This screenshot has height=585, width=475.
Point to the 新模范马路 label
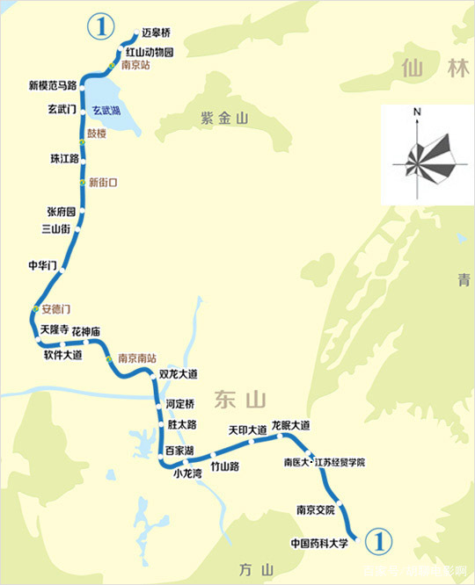[x=51, y=86]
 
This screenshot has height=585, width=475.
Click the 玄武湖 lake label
[x=106, y=111]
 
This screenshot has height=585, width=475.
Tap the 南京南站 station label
[x=137, y=358]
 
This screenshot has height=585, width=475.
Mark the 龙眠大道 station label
[x=291, y=426]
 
